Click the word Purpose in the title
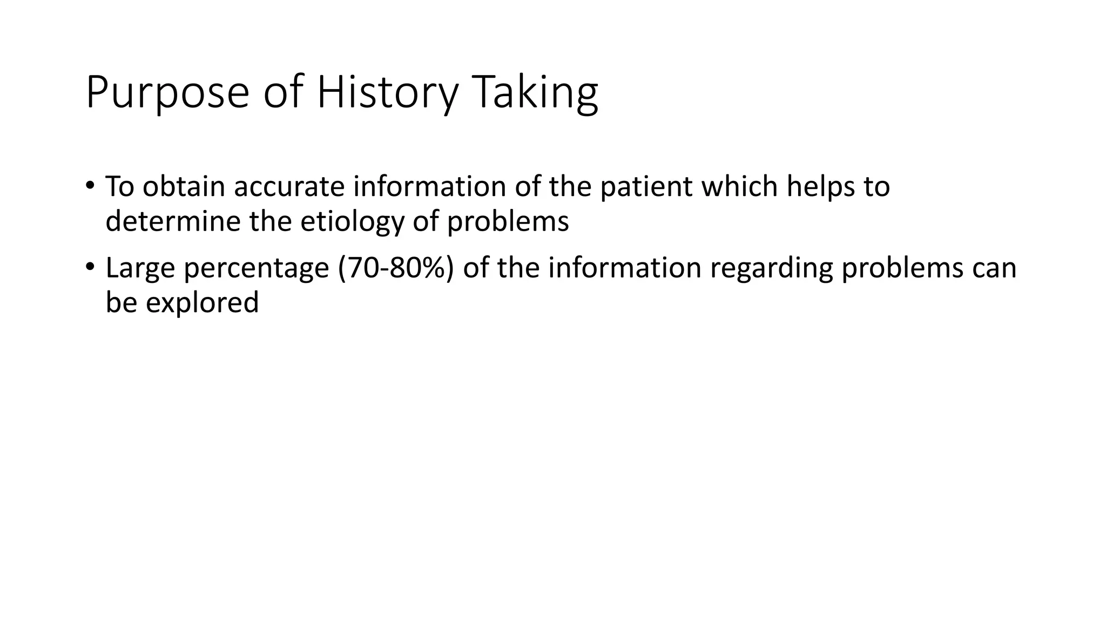(167, 93)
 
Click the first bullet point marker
(90, 186)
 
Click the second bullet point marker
(90, 267)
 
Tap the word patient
(646, 187)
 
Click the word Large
(140, 268)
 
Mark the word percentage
(257, 268)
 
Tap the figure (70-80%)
(396, 268)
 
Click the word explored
(202, 303)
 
